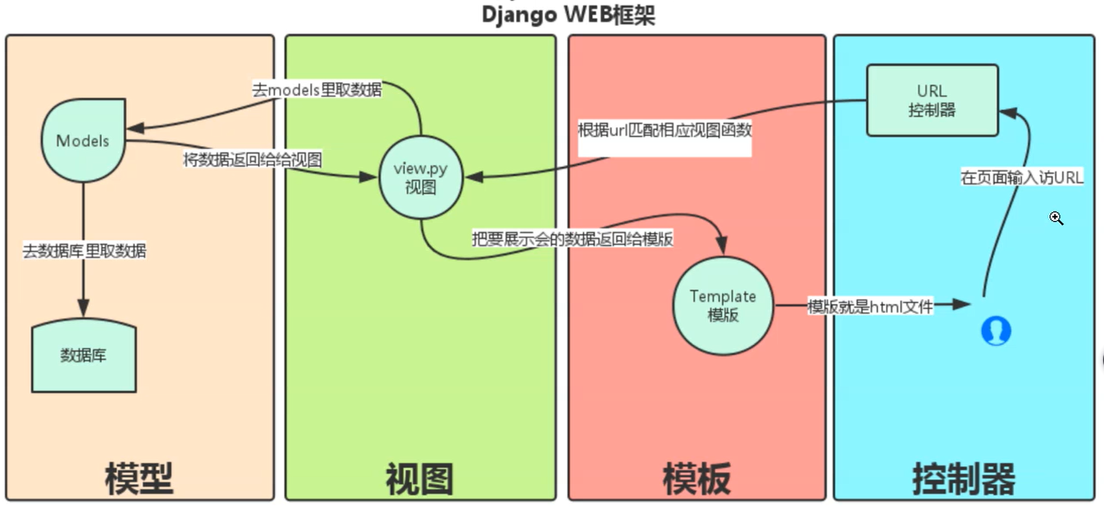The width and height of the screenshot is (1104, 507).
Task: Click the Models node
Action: pyautogui.click(x=83, y=140)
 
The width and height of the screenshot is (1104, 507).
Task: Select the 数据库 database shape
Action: pyautogui.click(x=84, y=355)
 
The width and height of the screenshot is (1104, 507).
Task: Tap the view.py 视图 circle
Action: pyautogui.click(x=420, y=177)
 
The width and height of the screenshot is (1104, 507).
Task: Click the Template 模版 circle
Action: pyautogui.click(x=723, y=306)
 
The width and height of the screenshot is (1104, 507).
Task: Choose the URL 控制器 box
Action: pyautogui.click(x=932, y=100)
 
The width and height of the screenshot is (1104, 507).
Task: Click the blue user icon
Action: pyautogui.click(x=995, y=330)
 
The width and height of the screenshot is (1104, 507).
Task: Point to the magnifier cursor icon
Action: pyautogui.click(x=1056, y=218)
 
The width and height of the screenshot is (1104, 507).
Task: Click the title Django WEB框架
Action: pyautogui.click(x=568, y=14)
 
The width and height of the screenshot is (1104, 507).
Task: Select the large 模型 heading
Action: pyautogui.click(x=139, y=479)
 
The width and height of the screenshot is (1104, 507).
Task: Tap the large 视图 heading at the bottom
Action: pyautogui.click(x=420, y=479)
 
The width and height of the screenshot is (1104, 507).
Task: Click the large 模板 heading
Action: pyautogui.click(x=697, y=479)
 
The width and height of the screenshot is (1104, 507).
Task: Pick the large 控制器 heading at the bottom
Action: pyautogui.click(x=964, y=479)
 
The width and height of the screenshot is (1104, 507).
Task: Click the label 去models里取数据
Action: pyautogui.click(x=317, y=90)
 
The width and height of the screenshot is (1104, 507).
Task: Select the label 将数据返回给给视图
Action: pyautogui.click(x=252, y=160)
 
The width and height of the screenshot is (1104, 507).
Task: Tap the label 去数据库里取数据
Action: pyautogui.click(x=84, y=251)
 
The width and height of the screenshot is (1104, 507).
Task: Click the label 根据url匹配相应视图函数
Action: pyautogui.click(x=665, y=130)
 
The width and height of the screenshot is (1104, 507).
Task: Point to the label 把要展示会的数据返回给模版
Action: pyautogui.click(x=572, y=239)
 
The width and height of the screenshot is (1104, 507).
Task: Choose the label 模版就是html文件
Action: pyautogui.click(x=870, y=306)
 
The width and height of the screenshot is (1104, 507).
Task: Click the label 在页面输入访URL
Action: pyautogui.click(x=1021, y=177)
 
